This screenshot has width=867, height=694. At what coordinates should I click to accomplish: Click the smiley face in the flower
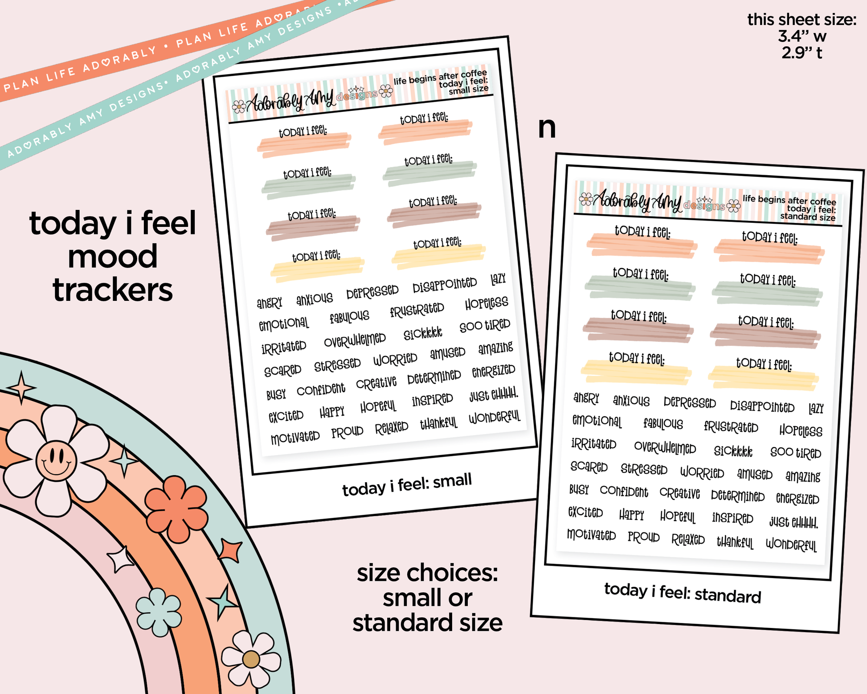[56, 460]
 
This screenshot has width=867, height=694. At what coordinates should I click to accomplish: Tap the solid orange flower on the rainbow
[177, 509]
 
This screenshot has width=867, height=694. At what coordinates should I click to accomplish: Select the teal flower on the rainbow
[159, 612]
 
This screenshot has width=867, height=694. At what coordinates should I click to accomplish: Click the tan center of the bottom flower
[251, 659]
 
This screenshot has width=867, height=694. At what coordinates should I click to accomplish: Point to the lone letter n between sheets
[547, 128]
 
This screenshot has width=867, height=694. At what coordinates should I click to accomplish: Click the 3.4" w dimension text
[802, 36]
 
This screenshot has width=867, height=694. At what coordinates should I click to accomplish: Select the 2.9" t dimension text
[802, 53]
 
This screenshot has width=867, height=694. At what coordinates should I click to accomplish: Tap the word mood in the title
[113, 257]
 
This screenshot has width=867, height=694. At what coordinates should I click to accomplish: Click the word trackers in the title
[113, 290]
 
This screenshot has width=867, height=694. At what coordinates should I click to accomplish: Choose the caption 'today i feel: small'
[407, 485]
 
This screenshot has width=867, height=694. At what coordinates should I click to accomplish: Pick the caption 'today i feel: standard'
[683, 593]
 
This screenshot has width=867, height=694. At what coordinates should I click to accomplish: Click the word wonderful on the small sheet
[495, 418]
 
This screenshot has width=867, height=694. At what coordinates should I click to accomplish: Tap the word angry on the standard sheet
[586, 398]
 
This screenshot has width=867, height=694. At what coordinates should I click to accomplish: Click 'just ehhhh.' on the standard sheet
[794, 522]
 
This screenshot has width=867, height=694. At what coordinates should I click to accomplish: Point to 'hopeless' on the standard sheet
[801, 430]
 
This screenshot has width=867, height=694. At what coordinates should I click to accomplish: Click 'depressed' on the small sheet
[372, 292]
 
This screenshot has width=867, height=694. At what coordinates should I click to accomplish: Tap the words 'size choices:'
[427, 573]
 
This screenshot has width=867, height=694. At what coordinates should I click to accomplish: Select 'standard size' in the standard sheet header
[808, 217]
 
